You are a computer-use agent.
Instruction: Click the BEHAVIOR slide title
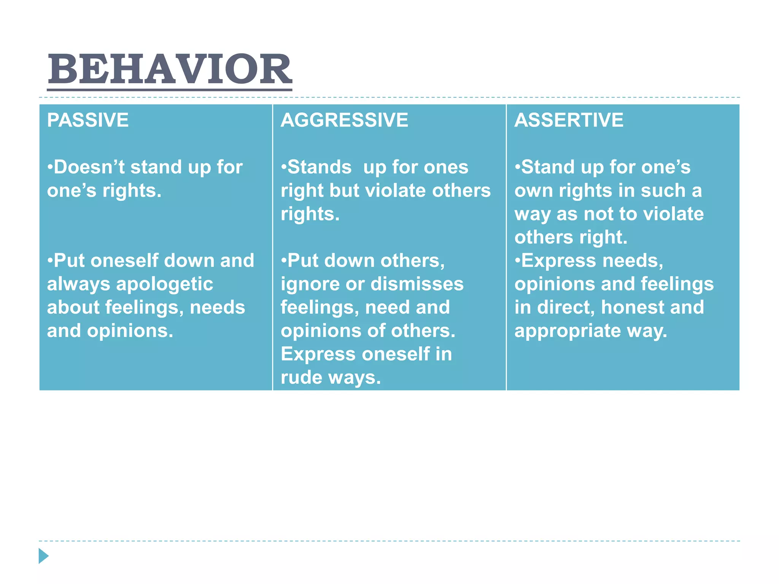tap(170, 69)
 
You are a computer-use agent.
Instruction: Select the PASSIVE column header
tap(88, 120)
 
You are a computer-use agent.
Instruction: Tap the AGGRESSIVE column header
tap(344, 120)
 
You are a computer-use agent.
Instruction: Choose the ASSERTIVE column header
tap(569, 120)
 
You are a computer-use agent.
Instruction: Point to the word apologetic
tap(164, 284)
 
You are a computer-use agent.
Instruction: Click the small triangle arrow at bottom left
tap(43, 556)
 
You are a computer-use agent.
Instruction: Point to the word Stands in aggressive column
tap(319, 167)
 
